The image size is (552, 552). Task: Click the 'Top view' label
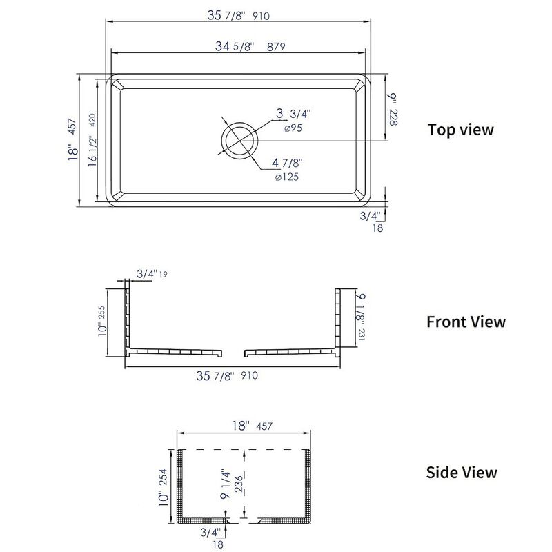pyautogui.click(x=460, y=130)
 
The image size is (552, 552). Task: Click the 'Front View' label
pyautogui.click(x=466, y=322)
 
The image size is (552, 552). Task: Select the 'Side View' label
pyautogui.click(x=461, y=473)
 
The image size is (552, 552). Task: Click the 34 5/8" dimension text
pyautogui.click(x=246, y=47)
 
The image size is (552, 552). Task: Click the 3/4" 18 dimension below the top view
pyautogui.click(x=373, y=221)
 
